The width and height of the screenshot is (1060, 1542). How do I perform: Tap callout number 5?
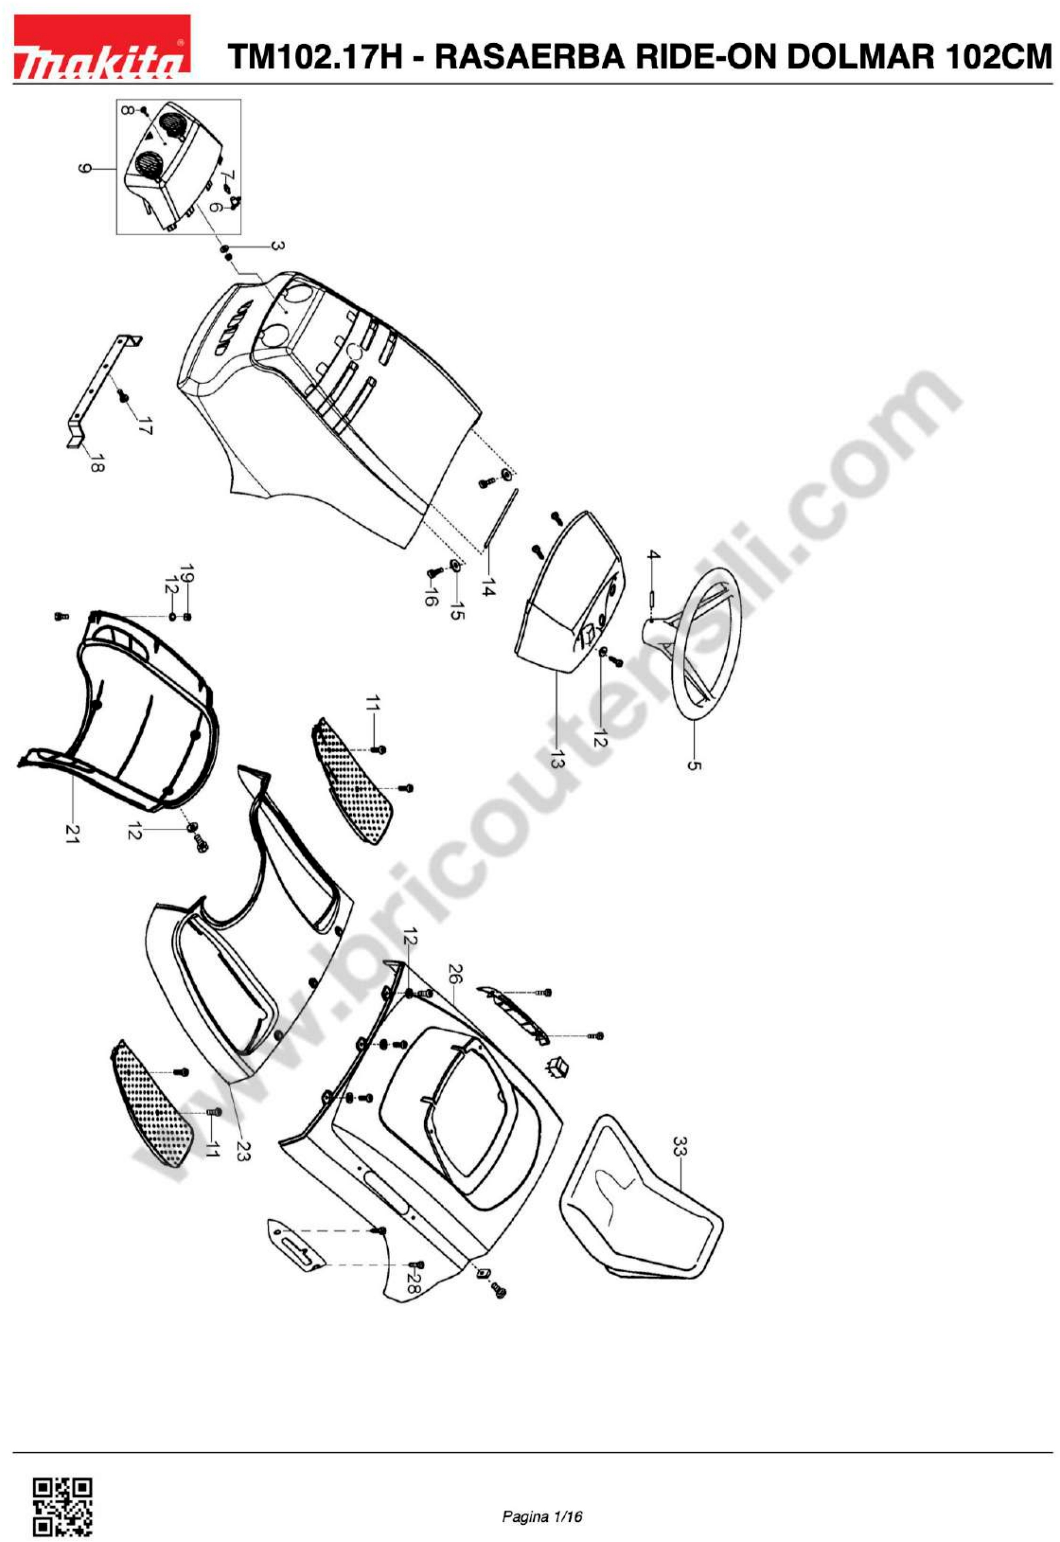click(694, 765)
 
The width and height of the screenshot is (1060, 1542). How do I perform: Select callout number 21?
click(71, 834)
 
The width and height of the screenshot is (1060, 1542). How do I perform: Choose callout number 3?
click(278, 246)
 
